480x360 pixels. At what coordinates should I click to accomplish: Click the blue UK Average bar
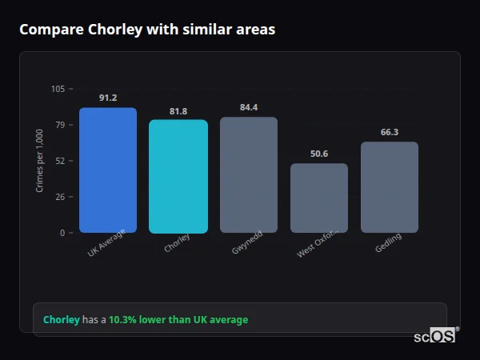click(x=108, y=170)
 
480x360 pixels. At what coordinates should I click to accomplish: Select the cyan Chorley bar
click(x=178, y=177)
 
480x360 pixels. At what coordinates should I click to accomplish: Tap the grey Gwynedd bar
click(x=249, y=175)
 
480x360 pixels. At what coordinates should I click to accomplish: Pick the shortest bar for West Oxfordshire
click(x=319, y=198)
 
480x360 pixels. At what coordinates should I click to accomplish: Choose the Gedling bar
click(x=390, y=187)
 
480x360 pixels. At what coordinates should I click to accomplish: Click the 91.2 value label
click(x=108, y=98)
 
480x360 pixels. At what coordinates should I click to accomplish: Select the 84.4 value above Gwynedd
click(x=249, y=107)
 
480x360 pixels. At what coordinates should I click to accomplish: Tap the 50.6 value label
click(x=319, y=154)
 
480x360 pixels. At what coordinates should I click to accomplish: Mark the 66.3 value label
click(x=390, y=132)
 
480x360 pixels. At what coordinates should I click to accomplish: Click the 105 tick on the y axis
click(x=58, y=89)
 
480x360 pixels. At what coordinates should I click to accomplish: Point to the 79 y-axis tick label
click(x=60, y=125)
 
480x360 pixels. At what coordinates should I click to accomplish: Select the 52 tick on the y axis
click(x=60, y=161)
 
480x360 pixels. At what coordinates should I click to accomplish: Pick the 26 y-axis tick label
click(x=60, y=197)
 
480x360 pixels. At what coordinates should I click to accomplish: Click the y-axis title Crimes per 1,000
click(x=39, y=160)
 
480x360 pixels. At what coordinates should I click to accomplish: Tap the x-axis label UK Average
click(x=107, y=246)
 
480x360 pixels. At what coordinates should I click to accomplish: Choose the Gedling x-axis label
click(x=388, y=243)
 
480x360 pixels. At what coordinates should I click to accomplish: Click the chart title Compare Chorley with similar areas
click(x=147, y=30)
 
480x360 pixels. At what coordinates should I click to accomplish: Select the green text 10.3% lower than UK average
click(x=178, y=320)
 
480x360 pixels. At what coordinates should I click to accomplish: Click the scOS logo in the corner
click(x=435, y=336)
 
